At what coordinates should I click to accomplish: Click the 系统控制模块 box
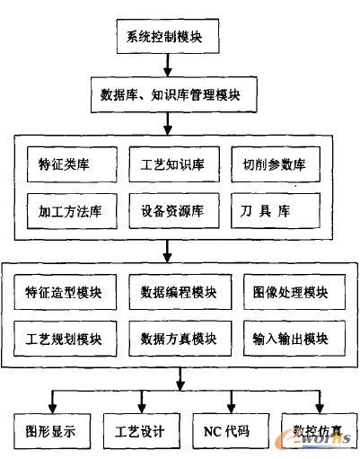pyautogui.click(x=168, y=36)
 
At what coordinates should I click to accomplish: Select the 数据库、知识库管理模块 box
pyautogui.click(x=174, y=94)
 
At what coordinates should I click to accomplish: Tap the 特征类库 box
pyautogui.click(x=72, y=164)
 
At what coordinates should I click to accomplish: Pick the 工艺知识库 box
pyautogui.click(x=174, y=164)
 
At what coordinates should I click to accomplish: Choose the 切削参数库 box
pyautogui.click(x=276, y=164)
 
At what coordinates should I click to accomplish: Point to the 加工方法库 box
pyautogui.click(x=72, y=211)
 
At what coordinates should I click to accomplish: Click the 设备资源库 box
pyautogui.click(x=174, y=211)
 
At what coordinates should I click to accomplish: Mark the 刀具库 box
pyautogui.click(x=276, y=211)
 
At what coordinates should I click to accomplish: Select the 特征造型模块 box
pyautogui.click(x=65, y=292)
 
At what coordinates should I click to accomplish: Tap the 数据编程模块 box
pyautogui.click(x=180, y=292)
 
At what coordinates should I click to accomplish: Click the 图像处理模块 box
pyautogui.click(x=294, y=292)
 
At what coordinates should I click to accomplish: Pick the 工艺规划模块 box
pyautogui.click(x=65, y=339)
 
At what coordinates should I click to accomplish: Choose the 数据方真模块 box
pyautogui.click(x=180, y=339)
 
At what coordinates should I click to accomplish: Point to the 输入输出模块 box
pyautogui.click(x=294, y=339)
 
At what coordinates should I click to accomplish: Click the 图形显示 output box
pyautogui.click(x=52, y=431)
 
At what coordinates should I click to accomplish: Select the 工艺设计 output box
pyautogui.click(x=142, y=431)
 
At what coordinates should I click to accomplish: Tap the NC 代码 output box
pyautogui.click(x=231, y=431)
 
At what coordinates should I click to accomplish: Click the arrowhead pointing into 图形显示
pyautogui.click(x=52, y=409)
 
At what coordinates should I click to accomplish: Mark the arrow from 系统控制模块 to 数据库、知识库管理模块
pyautogui.click(x=168, y=66)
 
